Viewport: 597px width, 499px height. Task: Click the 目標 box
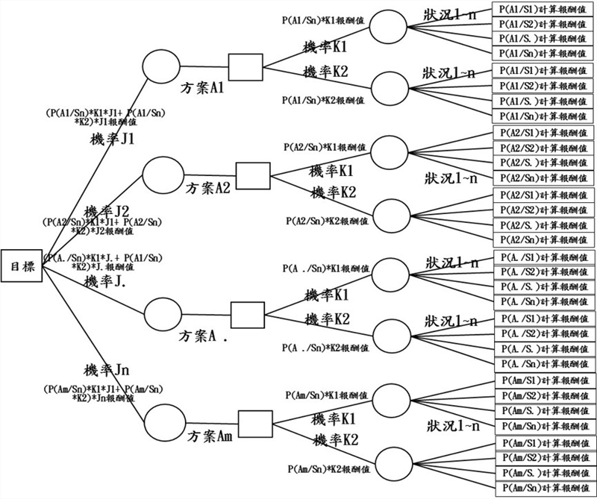pyautogui.click(x=22, y=264)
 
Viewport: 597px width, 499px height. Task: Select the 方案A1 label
pyautogui.click(x=203, y=87)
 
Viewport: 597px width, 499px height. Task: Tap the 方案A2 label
pyautogui.click(x=208, y=189)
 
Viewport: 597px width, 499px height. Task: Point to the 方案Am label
pyautogui.click(x=210, y=435)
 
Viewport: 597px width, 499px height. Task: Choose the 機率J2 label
pyautogui.click(x=107, y=210)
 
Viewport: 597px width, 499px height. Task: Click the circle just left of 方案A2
pyautogui.click(x=163, y=175)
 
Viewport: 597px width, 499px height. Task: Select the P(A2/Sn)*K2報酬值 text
pyautogui.click(x=329, y=221)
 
